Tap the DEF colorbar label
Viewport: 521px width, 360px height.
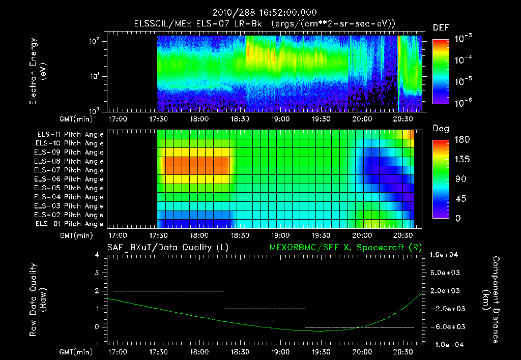click(x=440, y=28)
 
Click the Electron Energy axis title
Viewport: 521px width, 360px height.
click(x=38, y=71)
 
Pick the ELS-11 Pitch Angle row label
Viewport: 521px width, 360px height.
click(x=70, y=135)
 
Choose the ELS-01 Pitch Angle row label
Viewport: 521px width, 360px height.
click(x=69, y=224)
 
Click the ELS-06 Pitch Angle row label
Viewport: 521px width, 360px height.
click(x=69, y=179)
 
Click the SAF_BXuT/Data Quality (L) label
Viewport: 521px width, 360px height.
click(x=167, y=248)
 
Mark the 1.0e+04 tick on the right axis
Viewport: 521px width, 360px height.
click(x=446, y=255)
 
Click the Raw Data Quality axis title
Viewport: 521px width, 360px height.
click(x=38, y=299)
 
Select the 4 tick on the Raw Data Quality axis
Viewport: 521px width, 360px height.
click(x=97, y=255)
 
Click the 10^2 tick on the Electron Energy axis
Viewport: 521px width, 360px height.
click(x=95, y=42)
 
